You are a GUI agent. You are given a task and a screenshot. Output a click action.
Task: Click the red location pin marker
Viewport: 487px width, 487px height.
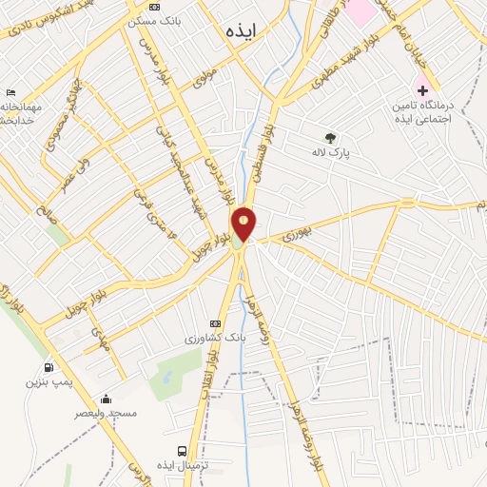[243, 223]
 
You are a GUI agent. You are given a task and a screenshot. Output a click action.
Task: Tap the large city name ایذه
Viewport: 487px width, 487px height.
[243, 30]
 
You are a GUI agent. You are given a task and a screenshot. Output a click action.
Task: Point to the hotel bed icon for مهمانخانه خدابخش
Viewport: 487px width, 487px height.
[10, 91]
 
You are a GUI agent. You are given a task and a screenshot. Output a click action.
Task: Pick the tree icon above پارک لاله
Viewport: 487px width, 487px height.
[330, 137]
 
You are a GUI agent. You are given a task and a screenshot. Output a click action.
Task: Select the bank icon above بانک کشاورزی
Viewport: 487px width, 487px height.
[214, 323]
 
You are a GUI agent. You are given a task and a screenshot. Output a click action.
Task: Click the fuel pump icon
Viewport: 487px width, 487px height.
[48, 367]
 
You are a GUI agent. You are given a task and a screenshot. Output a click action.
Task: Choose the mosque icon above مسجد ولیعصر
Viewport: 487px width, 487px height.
[106, 399]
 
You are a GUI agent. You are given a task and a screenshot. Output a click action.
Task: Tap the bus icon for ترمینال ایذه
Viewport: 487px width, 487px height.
[182, 451]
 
